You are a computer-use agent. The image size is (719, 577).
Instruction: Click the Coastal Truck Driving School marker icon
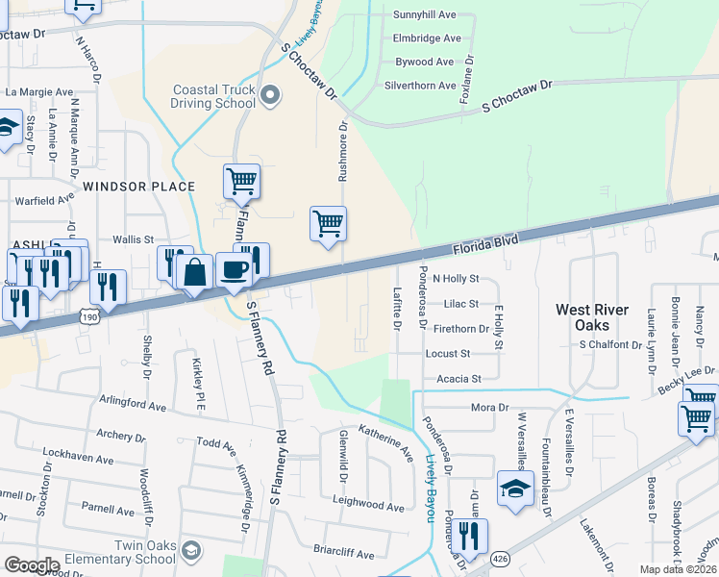pyautogui.click(x=270, y=94)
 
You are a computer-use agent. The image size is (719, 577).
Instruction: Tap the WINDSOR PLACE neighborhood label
pyautogui.click(x=138, y=187)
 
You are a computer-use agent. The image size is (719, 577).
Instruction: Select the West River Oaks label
pyautogui.click(x=593, y=318)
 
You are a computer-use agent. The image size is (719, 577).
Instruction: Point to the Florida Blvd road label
pyautogui.click(x=484, y=244)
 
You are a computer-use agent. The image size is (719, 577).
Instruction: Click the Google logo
pyautogui.click(x=31, y=565)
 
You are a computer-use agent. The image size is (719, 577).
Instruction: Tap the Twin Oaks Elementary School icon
pyautogui.click(x=191, y=549)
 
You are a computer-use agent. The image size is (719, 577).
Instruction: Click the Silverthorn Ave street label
pyautogui.click(x=419, y=86)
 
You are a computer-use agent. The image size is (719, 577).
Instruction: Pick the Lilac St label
pyautogui.click(x=462, y=304)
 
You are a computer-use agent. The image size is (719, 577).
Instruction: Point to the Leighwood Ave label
pyautogui.click(x=368, y=505)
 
